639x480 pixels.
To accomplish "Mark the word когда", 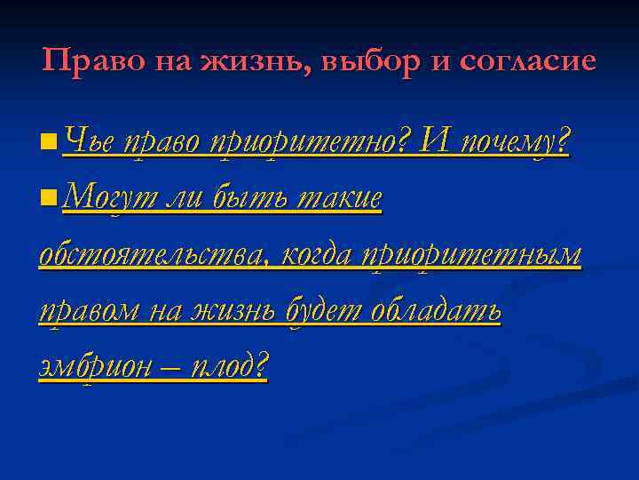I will (318, 256).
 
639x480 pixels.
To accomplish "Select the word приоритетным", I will (470, 256).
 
